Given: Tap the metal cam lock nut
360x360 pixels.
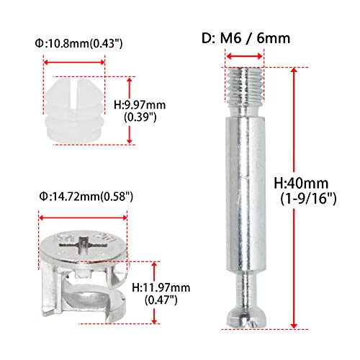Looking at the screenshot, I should tap(85, 271).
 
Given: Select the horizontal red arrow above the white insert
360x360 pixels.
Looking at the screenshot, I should tap(74, 61).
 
